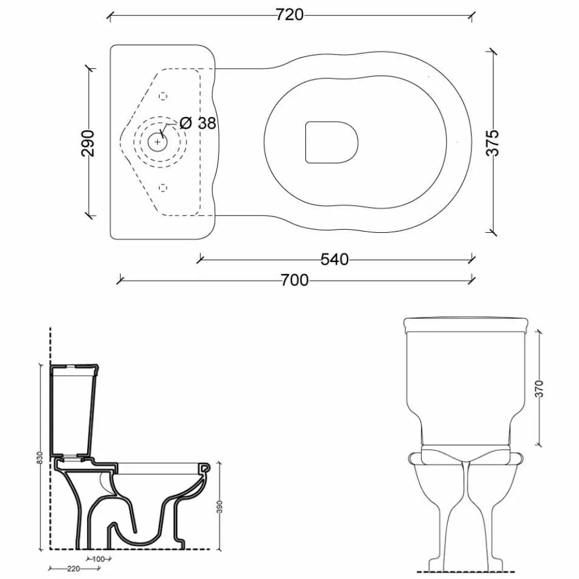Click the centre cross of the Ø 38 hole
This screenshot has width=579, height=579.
158,142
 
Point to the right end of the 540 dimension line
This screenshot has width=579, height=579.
472,260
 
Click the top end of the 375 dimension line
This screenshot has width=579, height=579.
491,53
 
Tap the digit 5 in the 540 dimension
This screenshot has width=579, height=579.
325,260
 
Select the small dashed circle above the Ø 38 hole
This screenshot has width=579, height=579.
163,96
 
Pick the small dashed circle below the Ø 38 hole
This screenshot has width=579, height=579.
163,188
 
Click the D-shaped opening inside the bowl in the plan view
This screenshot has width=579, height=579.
332,142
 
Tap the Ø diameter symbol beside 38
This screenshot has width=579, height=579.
186,123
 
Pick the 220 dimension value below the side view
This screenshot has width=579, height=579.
74,568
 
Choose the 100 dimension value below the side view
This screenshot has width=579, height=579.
98,559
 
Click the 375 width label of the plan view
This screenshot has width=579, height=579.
492,143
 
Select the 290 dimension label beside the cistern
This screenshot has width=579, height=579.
88,143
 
